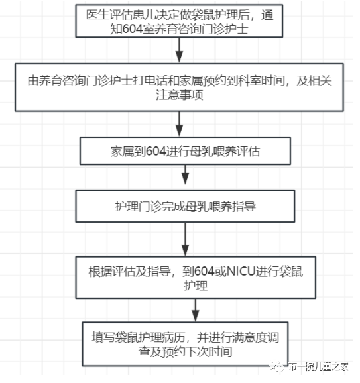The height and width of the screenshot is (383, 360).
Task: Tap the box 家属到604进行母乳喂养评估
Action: tap(185, 151)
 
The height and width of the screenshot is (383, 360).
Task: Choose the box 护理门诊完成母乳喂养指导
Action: tap(185, 207)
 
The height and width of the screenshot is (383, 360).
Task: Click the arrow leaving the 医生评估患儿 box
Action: tap(178, 50)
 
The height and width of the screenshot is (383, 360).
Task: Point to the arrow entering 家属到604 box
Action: tap(178, 123)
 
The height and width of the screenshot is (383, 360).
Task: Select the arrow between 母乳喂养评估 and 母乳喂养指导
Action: tap(186, 178)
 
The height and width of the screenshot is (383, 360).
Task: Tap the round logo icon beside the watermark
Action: tap(277, 365)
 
